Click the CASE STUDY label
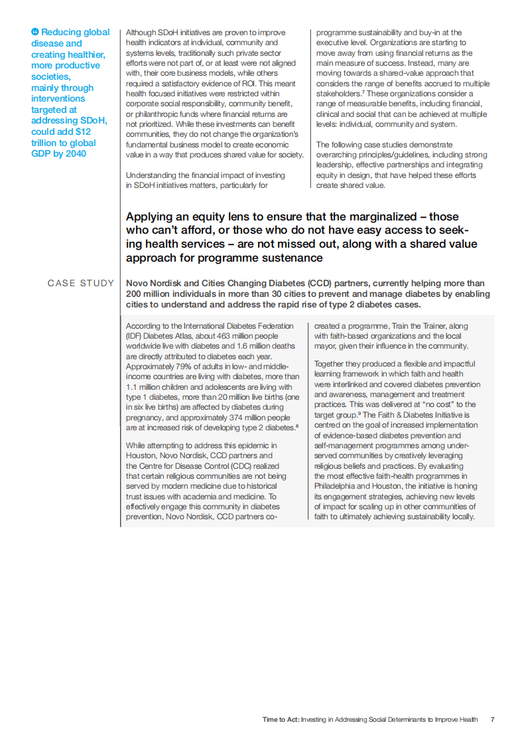point(81,284)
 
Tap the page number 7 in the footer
point(492,719)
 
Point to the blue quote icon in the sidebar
point(35,32)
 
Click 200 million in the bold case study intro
point(150,293)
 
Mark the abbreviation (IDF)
point(135,337)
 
